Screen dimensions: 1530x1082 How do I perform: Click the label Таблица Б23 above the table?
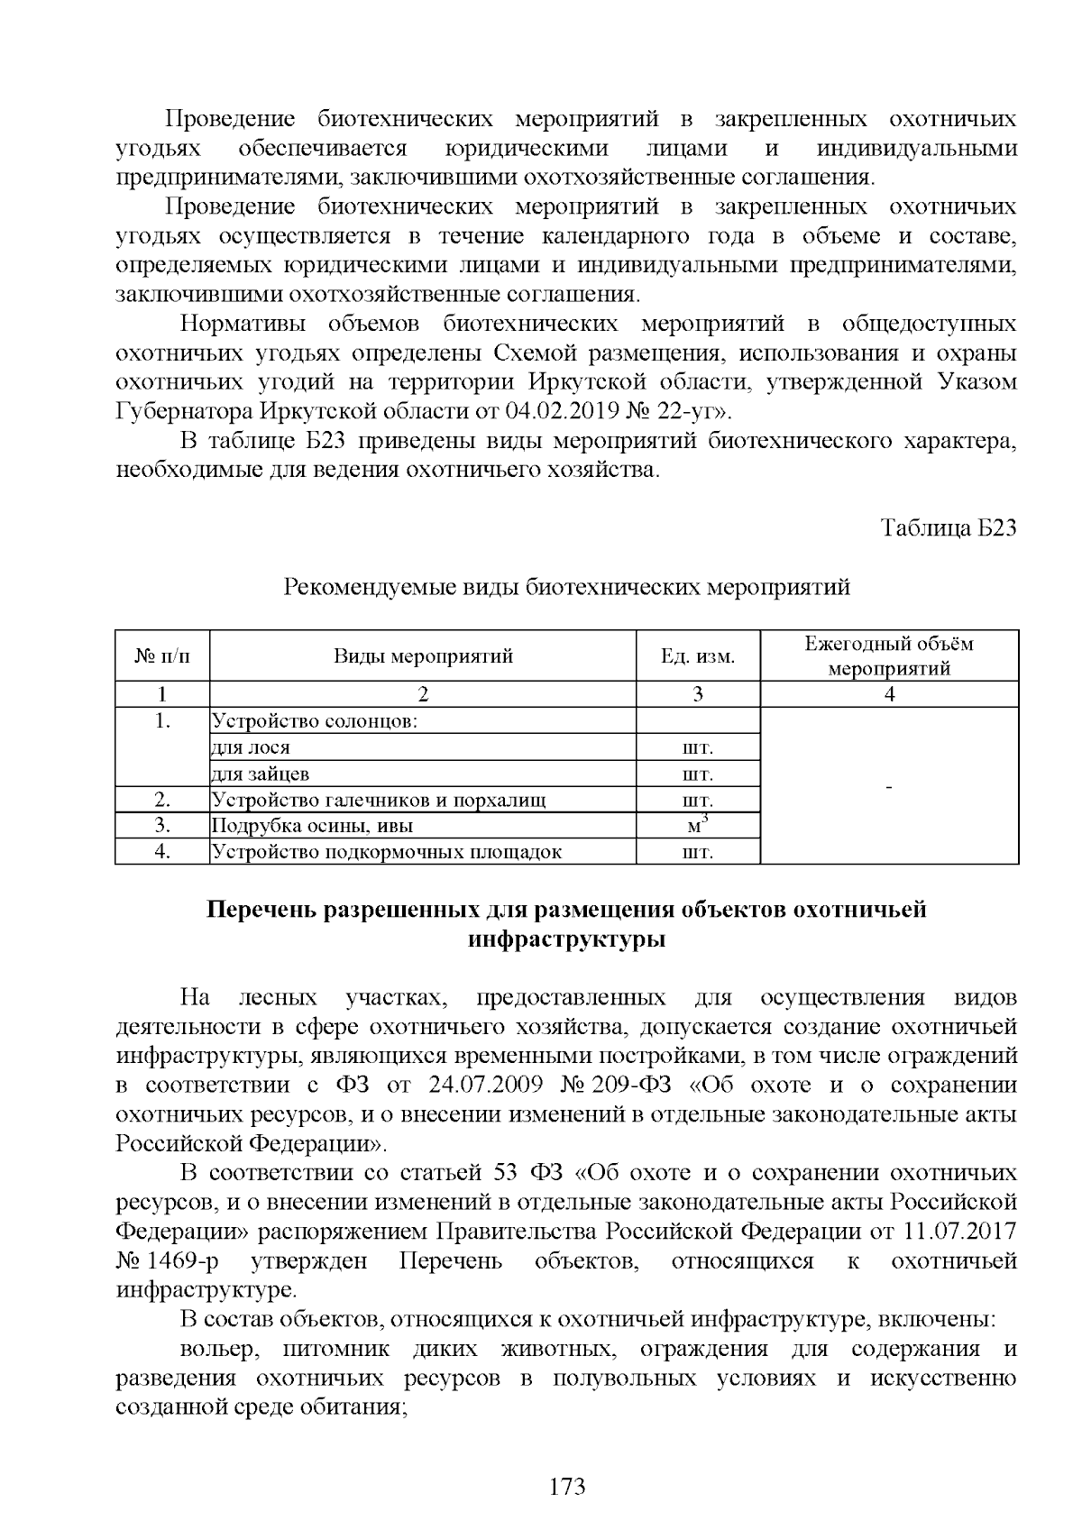pos(949,528)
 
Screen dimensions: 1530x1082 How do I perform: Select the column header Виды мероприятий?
pos(423,655)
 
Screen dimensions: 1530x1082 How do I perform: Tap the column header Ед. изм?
pos(698,655)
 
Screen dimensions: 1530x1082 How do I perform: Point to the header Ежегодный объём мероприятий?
pos(889,655)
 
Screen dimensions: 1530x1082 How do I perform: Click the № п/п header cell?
pos(162,655)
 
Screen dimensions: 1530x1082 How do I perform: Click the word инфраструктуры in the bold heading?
pos(567,939)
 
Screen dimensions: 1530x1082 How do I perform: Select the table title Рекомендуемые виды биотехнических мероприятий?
pos(567,588)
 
